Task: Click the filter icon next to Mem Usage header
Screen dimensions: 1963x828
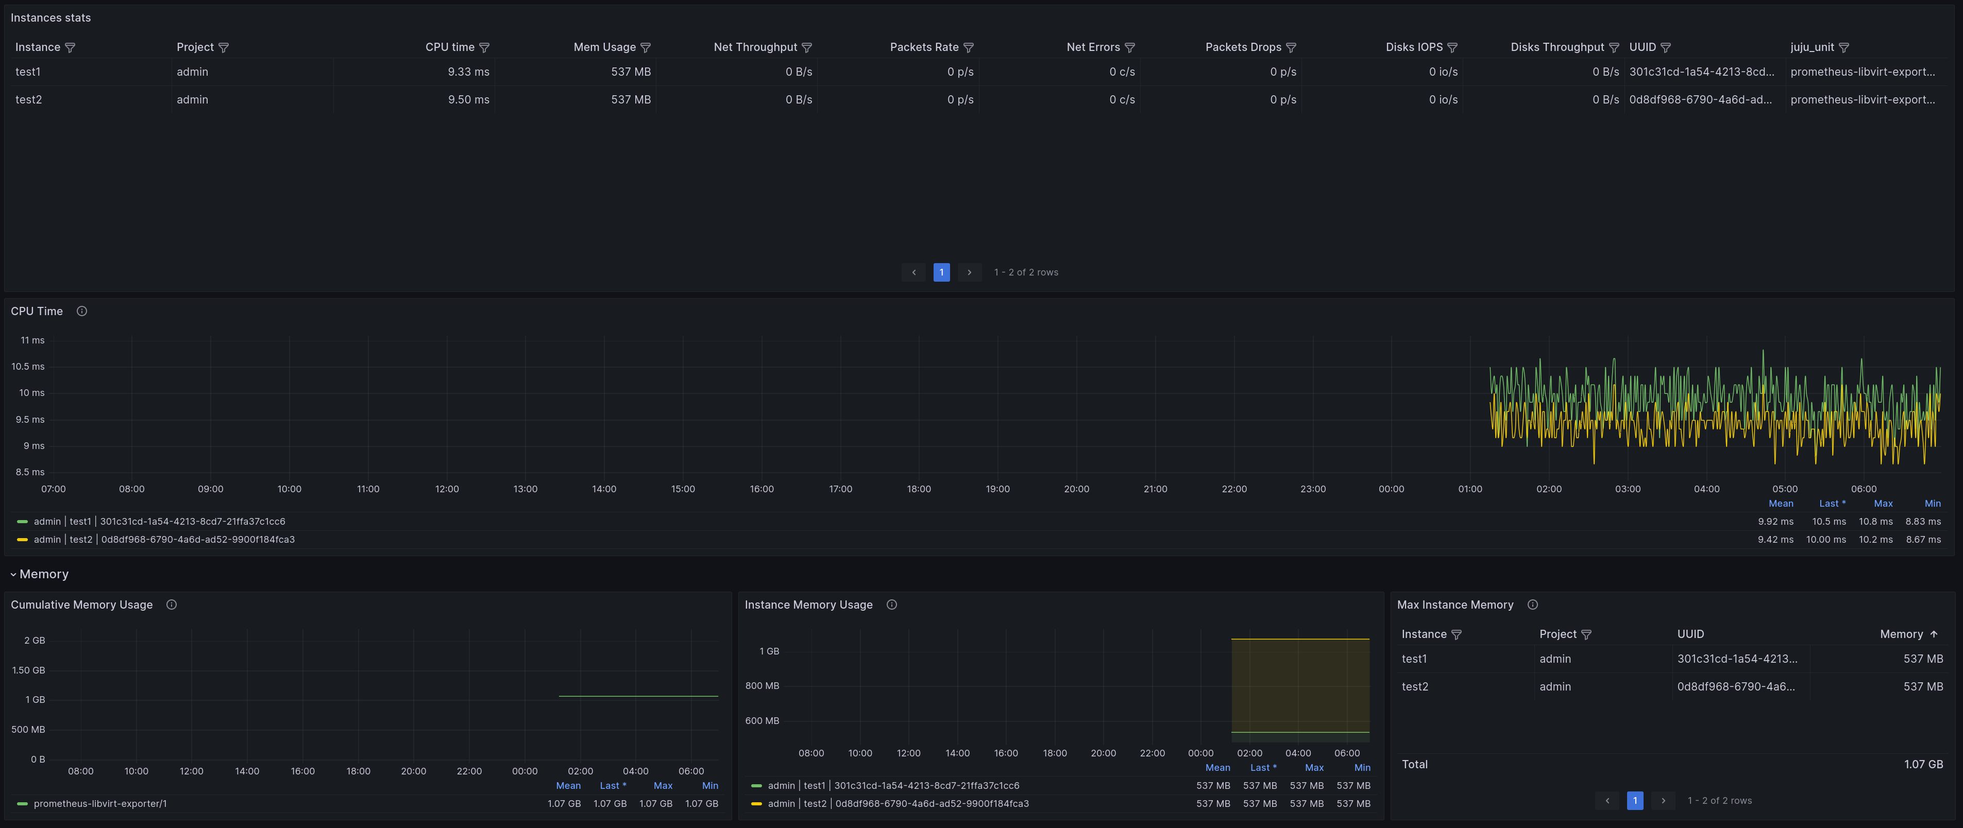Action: pyautogui.click(x=646, y=47)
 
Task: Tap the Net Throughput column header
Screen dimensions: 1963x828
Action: pyautogui.click(x=755, y=47)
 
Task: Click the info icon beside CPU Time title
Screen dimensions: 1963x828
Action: pyautogui.click(x=81, y=311)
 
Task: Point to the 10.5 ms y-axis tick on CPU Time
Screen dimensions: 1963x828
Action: pyautogui.click(x=28, y=367)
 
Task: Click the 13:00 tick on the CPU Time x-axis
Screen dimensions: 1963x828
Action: pyautogui.click(x=525, y=489)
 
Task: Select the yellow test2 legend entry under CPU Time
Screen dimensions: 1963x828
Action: pyautogui.click(x=164, y=539)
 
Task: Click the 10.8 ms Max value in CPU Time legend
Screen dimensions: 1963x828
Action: pyautogui.click(x=1875, y=522)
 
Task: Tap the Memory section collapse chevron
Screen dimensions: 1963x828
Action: pyautogui.click(x=13, y=574)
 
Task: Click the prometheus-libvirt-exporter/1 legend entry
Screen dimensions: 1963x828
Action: pyautogui.click(x=100, y=804)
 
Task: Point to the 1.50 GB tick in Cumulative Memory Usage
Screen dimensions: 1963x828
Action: pyautogui.click(x=28, y=670)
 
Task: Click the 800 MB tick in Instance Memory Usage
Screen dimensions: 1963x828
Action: pyautogui.click(x=762, y=685)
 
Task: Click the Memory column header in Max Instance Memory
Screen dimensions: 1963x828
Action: pyautogui.click(x=1901, y=634)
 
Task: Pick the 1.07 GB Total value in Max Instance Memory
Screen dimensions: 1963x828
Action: pyautogui.click(x=1923, y=764)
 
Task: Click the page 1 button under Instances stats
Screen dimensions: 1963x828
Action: pyautogui.click(x=941, y=272)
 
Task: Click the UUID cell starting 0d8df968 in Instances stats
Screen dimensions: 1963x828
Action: pyautogui.click(x=1700, y=100)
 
